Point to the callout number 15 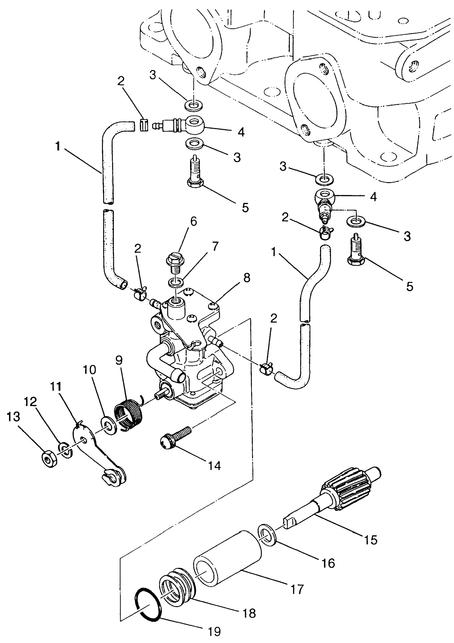370,540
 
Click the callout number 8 247,278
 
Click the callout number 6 193,221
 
